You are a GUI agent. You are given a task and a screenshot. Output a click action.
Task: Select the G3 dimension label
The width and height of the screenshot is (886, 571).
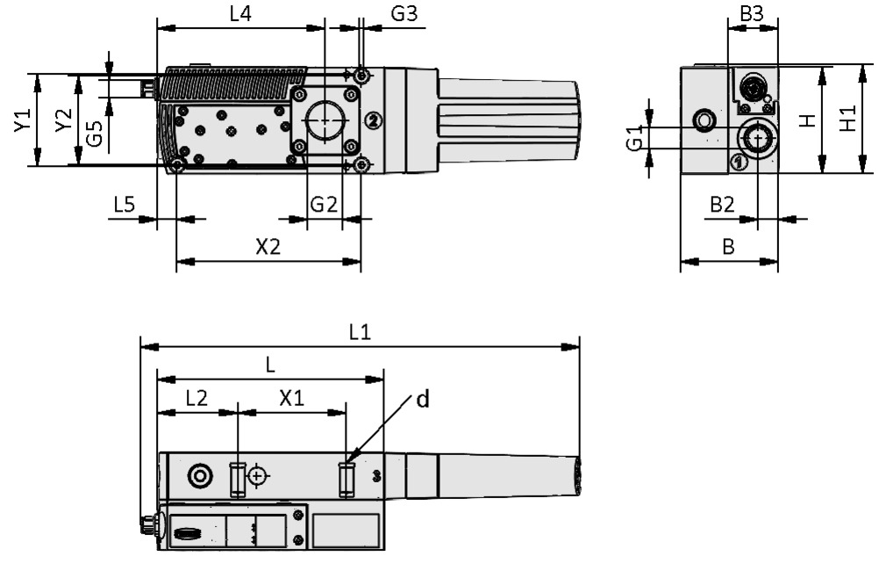point(404,14)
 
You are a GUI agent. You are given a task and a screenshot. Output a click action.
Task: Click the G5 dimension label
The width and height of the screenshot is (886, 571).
point(96,132)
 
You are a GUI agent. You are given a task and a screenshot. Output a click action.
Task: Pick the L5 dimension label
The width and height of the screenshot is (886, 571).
point(125,204)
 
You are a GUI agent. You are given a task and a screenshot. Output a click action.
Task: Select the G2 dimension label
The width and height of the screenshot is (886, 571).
point(324,204)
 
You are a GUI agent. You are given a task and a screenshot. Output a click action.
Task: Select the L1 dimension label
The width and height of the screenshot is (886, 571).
point(360,331)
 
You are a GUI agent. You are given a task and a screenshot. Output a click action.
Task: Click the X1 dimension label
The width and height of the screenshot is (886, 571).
point(292,397)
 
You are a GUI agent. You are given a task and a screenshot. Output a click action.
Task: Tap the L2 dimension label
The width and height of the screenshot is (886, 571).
point(196,397)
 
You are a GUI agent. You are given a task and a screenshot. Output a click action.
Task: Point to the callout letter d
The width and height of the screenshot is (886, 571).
point(422,399)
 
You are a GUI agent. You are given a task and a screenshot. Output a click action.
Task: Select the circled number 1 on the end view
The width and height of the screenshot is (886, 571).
point(737,162)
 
